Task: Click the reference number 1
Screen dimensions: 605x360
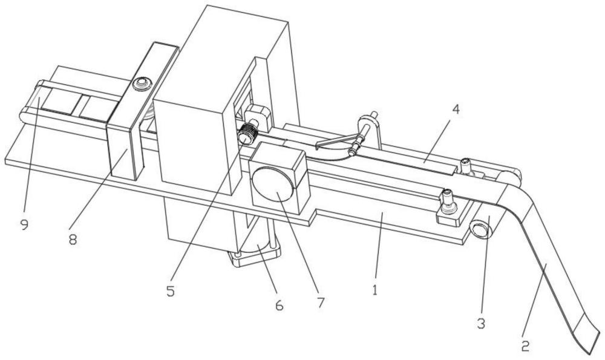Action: pos(374,290)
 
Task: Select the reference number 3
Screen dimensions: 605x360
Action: pos(480,323)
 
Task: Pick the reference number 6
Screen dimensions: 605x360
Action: pos(280,305)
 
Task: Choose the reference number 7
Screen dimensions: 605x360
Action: pos(321,303)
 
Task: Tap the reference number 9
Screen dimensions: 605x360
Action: pos(24,224)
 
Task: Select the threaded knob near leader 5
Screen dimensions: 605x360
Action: pos(246,134)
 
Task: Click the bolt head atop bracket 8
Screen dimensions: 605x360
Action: pos(141,83)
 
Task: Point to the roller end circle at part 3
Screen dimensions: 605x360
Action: pos(479,230)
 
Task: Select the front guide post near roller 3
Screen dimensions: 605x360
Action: pos(448,201)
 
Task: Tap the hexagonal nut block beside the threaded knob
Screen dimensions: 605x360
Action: pos(257,116)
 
